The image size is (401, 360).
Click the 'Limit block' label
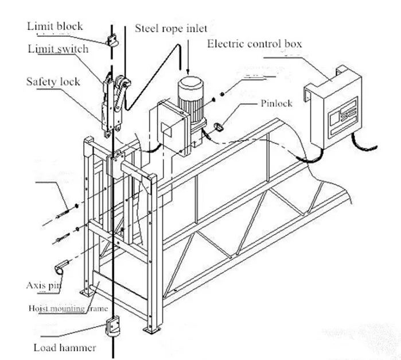pyautogui.click(x=55, y=26)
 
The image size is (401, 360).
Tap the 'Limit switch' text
pyautogui.click(x=58, y=49)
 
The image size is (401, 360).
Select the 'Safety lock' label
pyautogui.click(x=53, y=81)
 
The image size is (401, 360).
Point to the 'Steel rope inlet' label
pyautogui.click(x=172, y=28)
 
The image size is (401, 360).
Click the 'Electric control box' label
pyautogui.click(x=254, y=44)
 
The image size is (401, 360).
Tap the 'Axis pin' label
pyautogui.click(x=44, y=285)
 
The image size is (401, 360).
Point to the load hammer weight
pyautogui.click(x=112, y=329)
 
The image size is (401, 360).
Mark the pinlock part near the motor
pyautogui.click(x=219, y=125)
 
